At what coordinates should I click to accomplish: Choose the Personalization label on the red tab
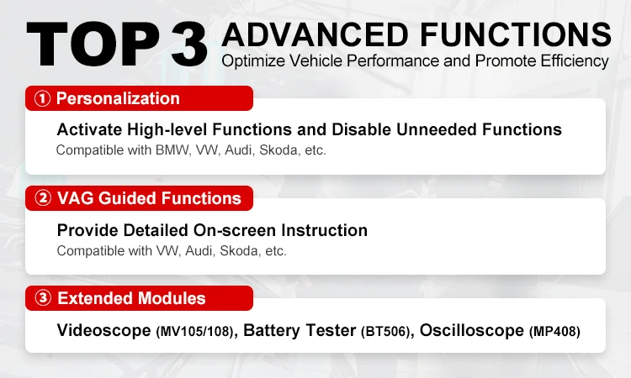118,98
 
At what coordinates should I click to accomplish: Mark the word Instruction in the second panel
327,230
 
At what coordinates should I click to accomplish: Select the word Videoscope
103,330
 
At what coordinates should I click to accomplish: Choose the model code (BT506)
386,331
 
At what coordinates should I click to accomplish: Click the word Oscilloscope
471,330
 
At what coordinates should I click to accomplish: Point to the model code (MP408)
554,331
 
